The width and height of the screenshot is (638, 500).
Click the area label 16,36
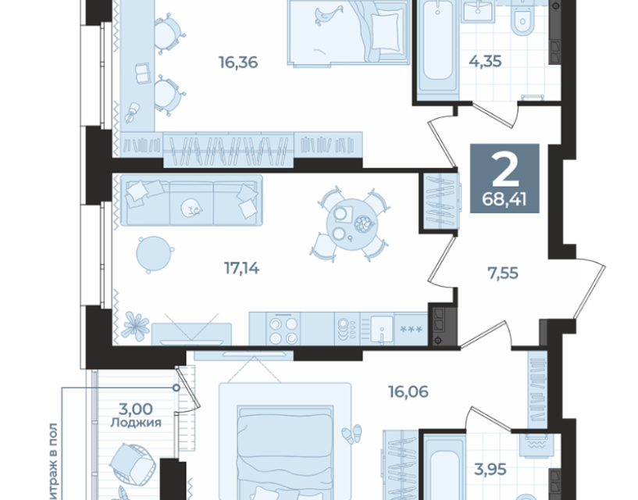coord(238,62)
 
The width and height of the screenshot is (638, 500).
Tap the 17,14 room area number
coord(242,268)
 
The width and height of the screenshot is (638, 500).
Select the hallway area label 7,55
coord(503,273)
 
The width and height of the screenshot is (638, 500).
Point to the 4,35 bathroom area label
coord(485,62)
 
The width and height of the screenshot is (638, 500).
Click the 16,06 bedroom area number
coord(408,391)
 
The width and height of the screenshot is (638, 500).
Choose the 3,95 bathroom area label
coord(490,470)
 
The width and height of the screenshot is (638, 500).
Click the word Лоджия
coord(136,423)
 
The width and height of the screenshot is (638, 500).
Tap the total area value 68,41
coord(504,200)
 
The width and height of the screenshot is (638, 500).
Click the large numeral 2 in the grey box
coord(505,170)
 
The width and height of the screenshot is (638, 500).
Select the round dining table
coord(352,225)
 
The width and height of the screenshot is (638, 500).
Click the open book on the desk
coord(142,73)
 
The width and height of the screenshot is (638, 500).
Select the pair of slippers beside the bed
coord(351,434)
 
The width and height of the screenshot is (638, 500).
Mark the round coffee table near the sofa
coord(154,254)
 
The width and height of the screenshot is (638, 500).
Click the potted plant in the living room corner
coord(135,324)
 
